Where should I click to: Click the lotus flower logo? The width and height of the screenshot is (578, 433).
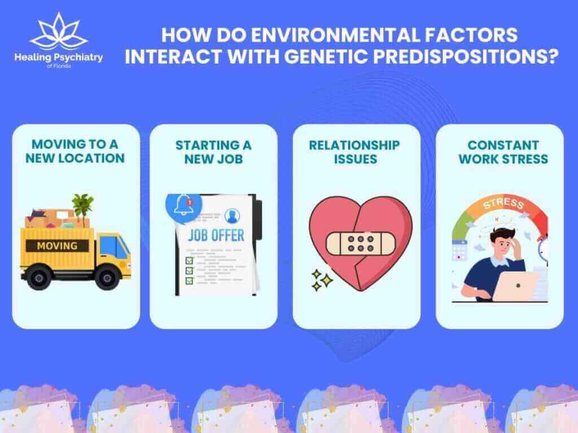tap(59, 33)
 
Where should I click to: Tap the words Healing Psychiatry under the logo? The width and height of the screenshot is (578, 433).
tap(59, 58)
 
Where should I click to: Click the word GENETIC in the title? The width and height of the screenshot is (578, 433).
tap(368, 58)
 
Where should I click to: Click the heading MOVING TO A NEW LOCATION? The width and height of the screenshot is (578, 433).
tap(76, 151)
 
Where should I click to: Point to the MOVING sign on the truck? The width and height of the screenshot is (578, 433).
tap(57, 245)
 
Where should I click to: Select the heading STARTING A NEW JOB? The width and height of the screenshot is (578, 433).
tap(213, 152)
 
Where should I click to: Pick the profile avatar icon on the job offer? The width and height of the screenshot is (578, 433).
tap(231, 215)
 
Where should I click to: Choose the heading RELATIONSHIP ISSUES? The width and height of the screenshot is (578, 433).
tap(354, 152)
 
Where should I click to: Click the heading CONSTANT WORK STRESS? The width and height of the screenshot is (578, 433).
tap(499, 152)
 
